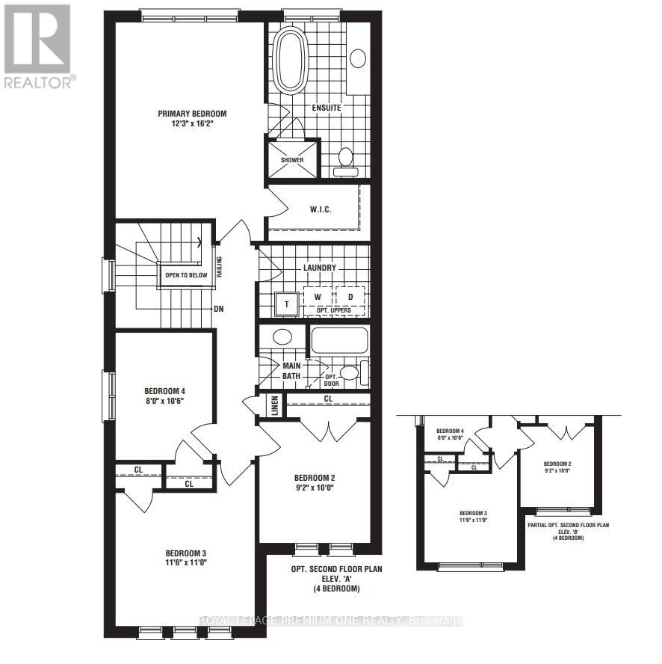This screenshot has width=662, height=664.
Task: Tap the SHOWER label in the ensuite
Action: click(x=292, y=160)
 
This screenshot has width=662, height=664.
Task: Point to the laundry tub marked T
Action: click(x=287, y=304)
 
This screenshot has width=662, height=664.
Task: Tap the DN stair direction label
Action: click(x=218, y=308)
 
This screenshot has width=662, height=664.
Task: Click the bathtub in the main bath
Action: click(x=338, y=341)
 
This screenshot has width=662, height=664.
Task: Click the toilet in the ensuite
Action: click(x=345, y=159)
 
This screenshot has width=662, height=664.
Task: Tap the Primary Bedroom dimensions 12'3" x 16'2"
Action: click(x=191, y=125)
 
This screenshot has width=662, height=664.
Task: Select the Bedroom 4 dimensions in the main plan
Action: click(x=164, y=401)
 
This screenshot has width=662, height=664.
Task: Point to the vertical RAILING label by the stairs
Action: click(x=219, y=265)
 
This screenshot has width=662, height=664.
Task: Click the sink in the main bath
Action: click(x=282, y=336)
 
